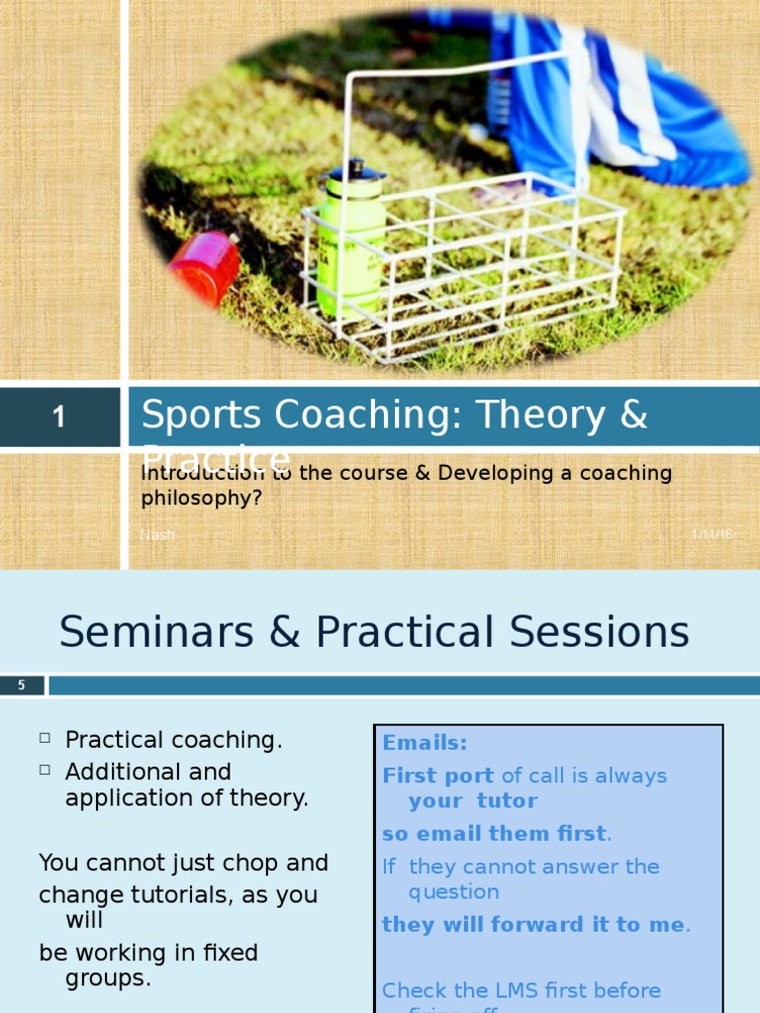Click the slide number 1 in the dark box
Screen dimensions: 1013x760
[59, 417]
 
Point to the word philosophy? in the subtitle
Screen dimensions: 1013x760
[202, 499]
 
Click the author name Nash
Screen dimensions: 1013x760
[157, 534]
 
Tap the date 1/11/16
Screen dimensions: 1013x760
[712, 534]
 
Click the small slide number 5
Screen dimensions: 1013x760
[22, 685]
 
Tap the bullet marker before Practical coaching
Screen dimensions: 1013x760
[46, 739]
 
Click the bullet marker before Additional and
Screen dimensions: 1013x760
[46, 770]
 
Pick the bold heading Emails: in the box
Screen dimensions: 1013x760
[425, 742]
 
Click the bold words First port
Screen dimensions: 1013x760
[438, 776]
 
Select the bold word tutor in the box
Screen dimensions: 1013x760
[507, 801]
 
